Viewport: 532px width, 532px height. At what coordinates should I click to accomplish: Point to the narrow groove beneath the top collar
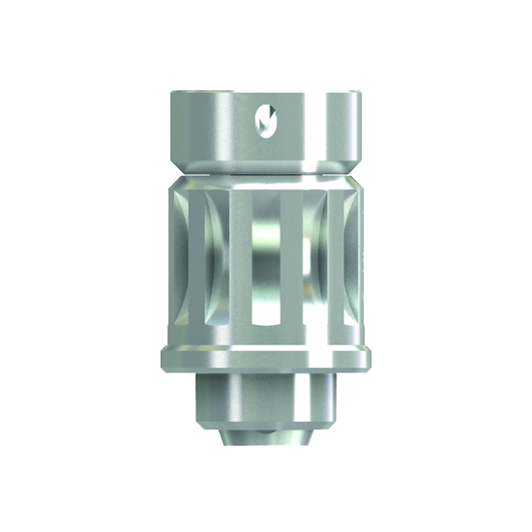(x=266, y=165)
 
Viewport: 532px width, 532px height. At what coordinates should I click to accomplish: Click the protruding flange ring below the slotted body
(x=266, y=357)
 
